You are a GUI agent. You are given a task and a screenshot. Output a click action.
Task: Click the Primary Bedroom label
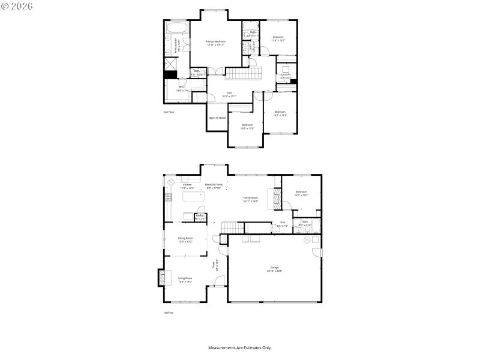(x=215, y=43)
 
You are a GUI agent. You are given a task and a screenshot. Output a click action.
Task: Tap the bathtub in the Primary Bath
(x=177, y=29)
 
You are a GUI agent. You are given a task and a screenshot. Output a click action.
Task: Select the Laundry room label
(x=286, y=76)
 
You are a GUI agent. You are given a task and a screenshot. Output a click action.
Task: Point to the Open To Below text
(x=217, y=118)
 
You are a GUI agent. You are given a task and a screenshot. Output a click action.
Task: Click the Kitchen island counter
(x=190, y=199)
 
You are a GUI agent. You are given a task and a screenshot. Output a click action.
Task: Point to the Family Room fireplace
(x=277, y=199)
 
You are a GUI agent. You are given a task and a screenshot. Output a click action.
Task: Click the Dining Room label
(x=185, y=239)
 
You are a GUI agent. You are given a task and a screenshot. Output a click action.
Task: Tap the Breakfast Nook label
(x=214, y=185)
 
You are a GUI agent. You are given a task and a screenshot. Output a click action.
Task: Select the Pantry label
(x=200, y=217)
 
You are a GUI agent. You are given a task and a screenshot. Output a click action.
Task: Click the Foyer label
(x=214, y=263)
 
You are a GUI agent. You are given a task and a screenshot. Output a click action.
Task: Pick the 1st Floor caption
(x=169, y=313)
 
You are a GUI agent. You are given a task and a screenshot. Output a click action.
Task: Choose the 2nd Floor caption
(x=169, y=112)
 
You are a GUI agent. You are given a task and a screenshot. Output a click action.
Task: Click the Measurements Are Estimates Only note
(x=240, y=347)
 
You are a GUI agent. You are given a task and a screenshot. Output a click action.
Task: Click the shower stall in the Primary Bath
(x=170, y=63)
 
